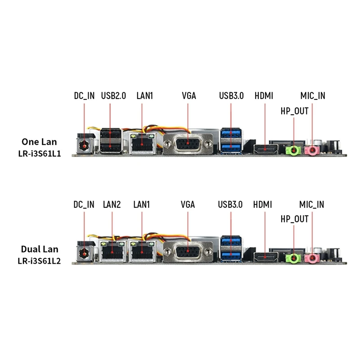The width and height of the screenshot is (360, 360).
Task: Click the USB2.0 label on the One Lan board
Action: coord(113,95)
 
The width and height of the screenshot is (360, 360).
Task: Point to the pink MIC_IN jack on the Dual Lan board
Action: coord(311,257)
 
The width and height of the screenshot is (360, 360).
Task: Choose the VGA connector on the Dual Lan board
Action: coord(188,253)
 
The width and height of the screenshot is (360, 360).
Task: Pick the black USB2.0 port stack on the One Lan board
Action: coord(111,141)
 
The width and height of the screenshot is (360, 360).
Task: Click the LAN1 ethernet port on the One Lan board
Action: coord(142,143)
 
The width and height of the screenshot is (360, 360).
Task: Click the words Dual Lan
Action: coord(39,249)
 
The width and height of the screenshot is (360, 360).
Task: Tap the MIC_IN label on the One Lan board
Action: coord(313,95)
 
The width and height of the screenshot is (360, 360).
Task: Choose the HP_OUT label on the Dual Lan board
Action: coord(294,219)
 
